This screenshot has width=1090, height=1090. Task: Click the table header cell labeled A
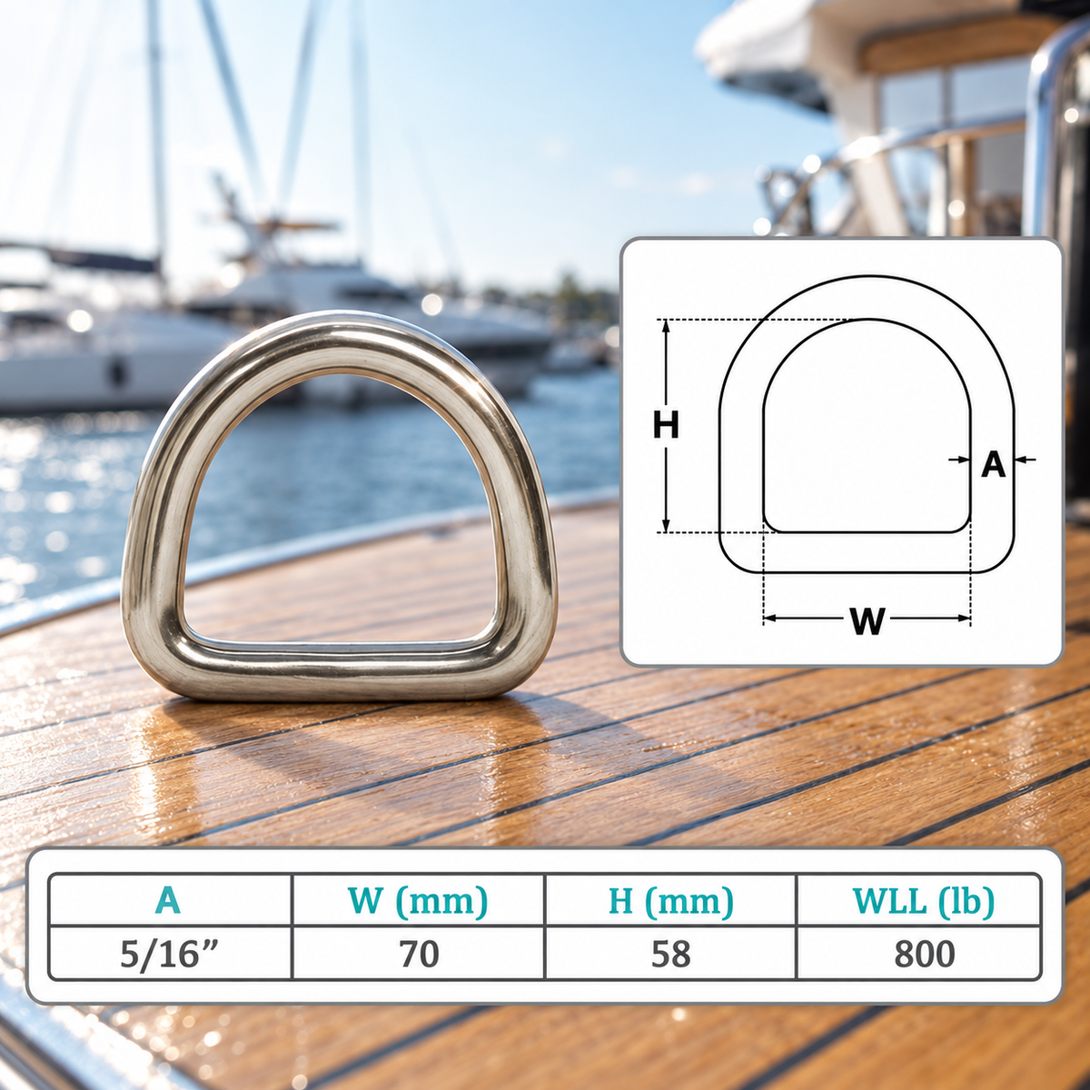169,900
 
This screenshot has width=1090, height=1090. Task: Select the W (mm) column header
418,900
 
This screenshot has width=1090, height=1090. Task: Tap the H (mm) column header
670,900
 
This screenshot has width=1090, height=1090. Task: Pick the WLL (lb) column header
918,900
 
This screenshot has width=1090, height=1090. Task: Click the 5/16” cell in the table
169,953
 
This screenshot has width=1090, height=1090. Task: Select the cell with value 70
418,953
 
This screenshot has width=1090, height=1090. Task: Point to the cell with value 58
670,953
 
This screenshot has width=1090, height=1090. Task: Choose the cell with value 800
918,953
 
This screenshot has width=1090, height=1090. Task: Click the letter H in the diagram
666,425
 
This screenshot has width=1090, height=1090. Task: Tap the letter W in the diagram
867,620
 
